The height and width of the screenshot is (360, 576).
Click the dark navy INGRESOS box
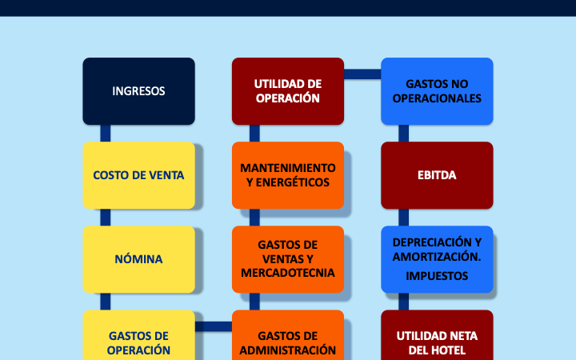(138, 91)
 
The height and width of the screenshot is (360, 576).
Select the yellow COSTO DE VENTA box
(138, 175)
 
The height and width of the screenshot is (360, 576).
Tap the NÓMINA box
(138, 259)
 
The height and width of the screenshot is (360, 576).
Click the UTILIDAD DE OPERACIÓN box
(288, 91)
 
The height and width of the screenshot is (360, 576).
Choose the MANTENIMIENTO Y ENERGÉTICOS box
(288, 175)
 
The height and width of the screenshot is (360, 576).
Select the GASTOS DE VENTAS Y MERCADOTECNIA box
(288, 259)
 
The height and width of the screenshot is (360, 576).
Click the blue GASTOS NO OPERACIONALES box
(437, 91)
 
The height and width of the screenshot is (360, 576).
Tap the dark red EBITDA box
(437, 175)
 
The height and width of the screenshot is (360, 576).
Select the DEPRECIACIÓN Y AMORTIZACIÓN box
(437, 250)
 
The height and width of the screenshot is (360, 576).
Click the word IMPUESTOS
(437, 276)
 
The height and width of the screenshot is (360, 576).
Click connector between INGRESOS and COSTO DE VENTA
(105, 134)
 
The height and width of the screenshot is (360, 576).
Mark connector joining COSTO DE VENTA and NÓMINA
(105, 218)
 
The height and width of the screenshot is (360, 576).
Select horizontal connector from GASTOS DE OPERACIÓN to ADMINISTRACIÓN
(214, 326)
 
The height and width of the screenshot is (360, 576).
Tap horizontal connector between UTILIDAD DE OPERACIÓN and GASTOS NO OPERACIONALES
(362, 74)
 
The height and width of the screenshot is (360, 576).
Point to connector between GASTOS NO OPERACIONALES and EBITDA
(404, 134)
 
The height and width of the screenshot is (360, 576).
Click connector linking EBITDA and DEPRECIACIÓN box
(404, 218)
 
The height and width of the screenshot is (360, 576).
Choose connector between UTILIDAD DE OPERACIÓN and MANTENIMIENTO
(254, 134)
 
